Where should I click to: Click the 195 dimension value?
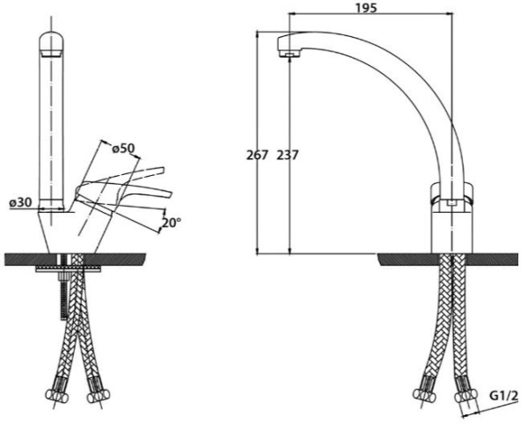click(366, 7)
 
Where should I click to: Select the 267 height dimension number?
click(257, 155)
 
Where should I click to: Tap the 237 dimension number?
click(287, 155)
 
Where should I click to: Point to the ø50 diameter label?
click(123, 149)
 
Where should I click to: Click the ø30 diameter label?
click(21, 202)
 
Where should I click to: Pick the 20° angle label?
click(171, 223)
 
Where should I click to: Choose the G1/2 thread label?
click(503, 396)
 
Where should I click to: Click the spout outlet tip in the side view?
click(290, 55)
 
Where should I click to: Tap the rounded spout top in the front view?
click(52, 41)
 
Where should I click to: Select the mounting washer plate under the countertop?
click(69, 268)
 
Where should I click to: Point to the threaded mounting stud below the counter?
click(64, 296)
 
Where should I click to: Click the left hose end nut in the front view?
click(54, 394)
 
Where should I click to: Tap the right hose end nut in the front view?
click(99, 396)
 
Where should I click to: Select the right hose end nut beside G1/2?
click(466, 396)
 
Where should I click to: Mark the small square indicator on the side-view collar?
click(451, 202)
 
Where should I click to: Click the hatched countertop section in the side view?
click(448, 260)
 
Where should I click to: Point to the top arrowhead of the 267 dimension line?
click(258, 33)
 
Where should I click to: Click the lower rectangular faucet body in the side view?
click(452, 232)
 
